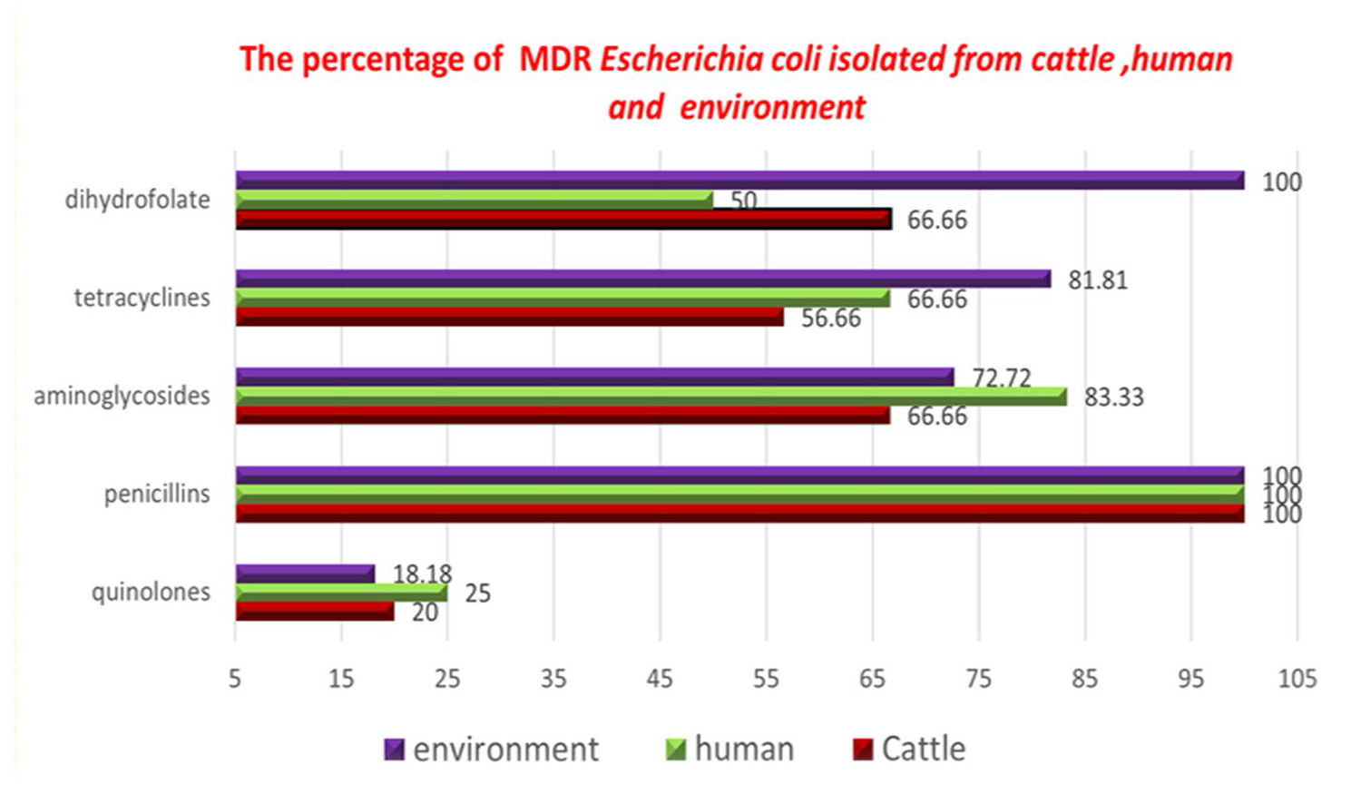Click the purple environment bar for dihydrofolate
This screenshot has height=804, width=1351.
tap(739, 180)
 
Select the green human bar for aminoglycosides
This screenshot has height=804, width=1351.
tap(651, 396)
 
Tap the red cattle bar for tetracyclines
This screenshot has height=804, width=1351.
tap(509, 317)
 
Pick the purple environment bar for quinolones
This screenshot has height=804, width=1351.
tap(305, 574)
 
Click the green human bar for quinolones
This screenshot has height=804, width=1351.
tap(341, 593)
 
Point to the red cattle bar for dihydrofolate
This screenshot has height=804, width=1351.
tap(563, 219)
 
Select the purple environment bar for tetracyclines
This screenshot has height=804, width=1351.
tap(642, 279)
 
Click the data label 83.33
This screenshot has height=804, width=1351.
tap(1113, 397)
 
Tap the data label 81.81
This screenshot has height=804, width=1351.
tap(1097, 280)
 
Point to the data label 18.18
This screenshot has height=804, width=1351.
tap(422, 574)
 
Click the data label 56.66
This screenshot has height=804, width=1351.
tap(830, 319)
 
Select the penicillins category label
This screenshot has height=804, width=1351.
tap(157, 495)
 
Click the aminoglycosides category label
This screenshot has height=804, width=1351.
tap(122, 397)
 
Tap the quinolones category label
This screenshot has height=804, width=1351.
tap(151, 593)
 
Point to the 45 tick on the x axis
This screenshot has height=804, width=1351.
tap(660, 679)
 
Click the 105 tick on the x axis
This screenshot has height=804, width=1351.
tap(1297, 679)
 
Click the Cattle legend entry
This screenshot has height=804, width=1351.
tap(910, 750)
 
